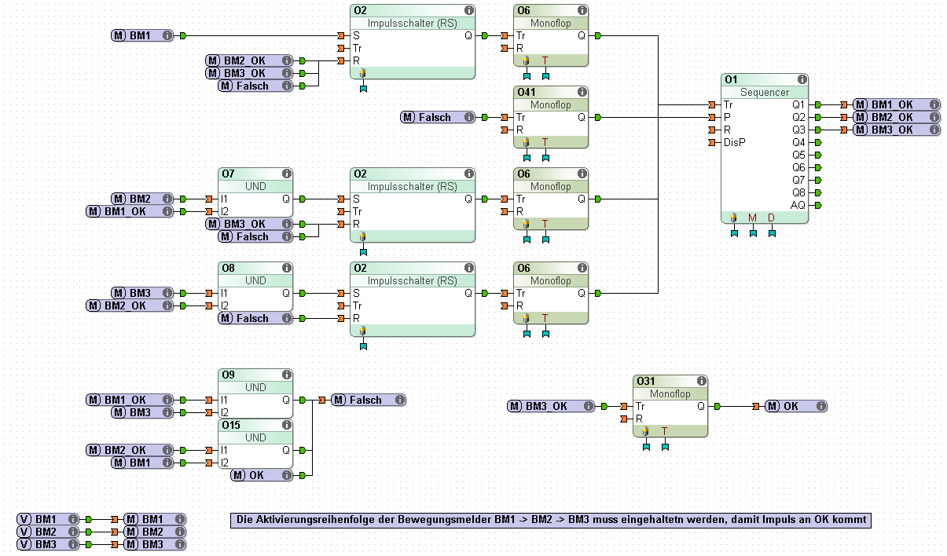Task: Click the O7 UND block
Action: [255, 193]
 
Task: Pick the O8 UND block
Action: [255, 287]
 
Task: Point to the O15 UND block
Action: [255, 444]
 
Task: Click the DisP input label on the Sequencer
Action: [735, 142]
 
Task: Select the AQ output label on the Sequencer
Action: [798, 205]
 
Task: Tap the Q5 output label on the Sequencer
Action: [798, 155]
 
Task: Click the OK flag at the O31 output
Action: [795, 406]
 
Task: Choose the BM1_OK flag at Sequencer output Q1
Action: [896, 104]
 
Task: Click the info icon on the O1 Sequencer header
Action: [802, 80]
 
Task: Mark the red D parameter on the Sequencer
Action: [772, 218]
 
